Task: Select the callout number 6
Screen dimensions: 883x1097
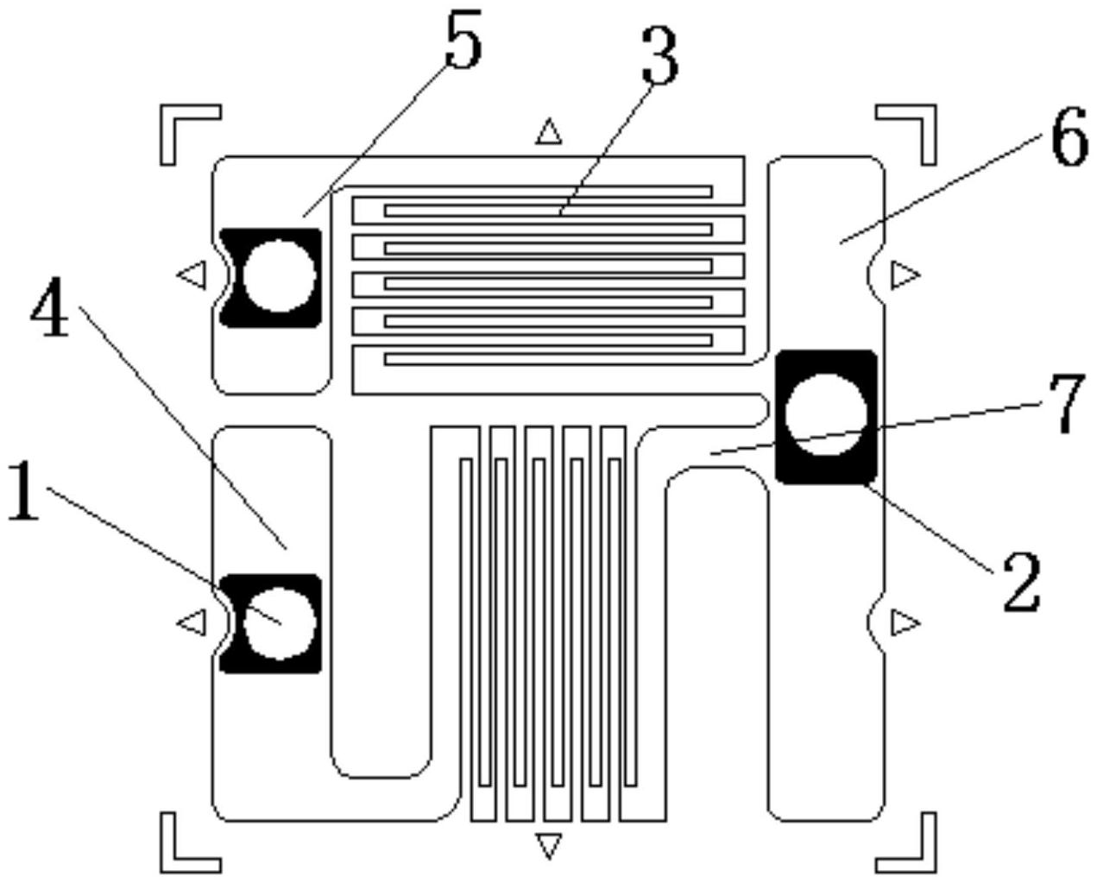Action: click(1069, 140)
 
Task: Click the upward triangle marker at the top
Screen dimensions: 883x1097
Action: click(548, 132)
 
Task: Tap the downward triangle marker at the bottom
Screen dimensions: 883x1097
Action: click(547, 845)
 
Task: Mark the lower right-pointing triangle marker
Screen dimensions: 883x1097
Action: click(905, 621)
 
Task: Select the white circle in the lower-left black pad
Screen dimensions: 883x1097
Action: click(278, 622)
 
